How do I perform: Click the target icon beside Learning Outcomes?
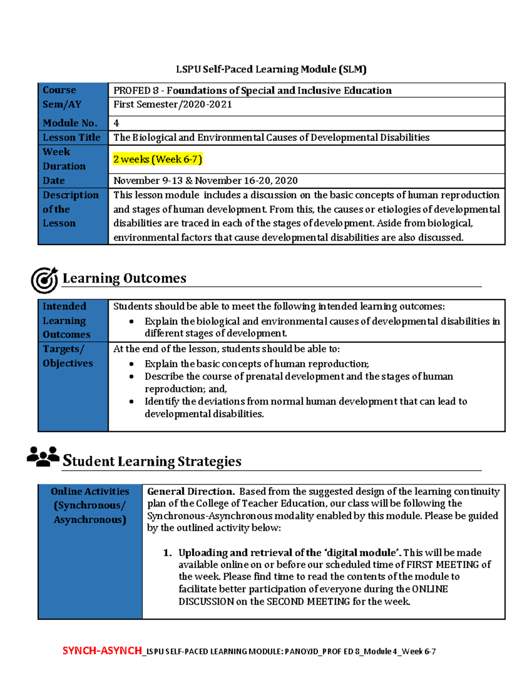point(44,280)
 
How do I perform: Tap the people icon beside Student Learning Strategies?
point(43,456)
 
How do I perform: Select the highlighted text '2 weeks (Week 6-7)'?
point(157,159)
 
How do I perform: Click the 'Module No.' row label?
point(70,123)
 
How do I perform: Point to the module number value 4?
point(116,123)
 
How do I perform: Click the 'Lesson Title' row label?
point(71,137)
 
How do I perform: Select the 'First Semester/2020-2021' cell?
point(172,105)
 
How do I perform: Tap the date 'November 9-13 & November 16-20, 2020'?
point(205,180)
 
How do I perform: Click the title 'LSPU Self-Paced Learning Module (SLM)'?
point(271,69)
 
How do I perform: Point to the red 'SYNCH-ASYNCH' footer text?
point(102,651)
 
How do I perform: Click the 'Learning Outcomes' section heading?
point(124,278)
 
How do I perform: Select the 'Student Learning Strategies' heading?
point(152,461)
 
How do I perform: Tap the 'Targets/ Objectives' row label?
point(67,356)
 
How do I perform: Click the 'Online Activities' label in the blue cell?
point(90,491)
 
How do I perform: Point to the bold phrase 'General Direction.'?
point(191,491)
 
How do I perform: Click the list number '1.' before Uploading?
point(167,552)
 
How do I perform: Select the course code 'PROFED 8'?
point(136,90)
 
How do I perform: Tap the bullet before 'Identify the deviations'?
point(131,401)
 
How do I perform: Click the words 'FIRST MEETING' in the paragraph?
point(443,564)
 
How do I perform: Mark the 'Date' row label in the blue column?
point(54,180)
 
